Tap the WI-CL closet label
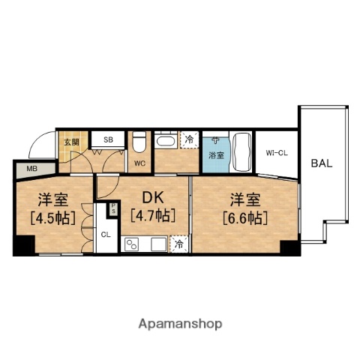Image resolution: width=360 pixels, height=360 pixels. (277, 154)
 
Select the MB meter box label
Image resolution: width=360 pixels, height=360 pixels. (31, 169)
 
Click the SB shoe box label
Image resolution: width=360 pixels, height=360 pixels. (109, 139)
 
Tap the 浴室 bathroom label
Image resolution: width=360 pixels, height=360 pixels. (214, 154)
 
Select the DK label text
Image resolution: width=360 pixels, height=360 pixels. (153, 199)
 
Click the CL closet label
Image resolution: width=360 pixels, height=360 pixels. (106, 234)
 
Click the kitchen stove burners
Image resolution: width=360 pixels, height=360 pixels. (132, 244)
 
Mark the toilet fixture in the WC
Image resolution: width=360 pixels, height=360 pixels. (139, 142)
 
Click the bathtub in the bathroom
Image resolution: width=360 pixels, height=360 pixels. (241, 152)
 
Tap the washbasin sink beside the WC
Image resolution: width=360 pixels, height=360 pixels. (165, 140)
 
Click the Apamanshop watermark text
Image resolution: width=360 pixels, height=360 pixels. (180, 324)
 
